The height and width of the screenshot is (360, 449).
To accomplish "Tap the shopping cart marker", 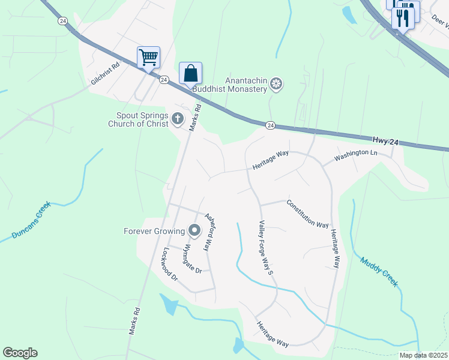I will [x=148, y=58].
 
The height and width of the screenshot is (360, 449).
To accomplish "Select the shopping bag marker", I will [x=190, y=73].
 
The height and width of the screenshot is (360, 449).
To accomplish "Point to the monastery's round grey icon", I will [x=276, y=83].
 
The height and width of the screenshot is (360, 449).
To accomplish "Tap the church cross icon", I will [x=177, y=119].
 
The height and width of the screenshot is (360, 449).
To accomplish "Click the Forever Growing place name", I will [x=154, y=231].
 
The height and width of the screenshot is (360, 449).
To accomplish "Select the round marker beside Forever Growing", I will [x=194, y=230].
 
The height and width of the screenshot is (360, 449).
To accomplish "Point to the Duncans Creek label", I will [x=32, y=221].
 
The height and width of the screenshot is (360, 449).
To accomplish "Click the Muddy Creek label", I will [x=379, y=272].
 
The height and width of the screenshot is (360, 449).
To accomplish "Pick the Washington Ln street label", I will [x=356, y=155].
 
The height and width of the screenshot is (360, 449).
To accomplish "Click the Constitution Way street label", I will [x=307, y=214].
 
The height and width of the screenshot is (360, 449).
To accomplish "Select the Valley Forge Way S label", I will [x=266, y=247].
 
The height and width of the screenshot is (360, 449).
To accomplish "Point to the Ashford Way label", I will [x=209, y=232].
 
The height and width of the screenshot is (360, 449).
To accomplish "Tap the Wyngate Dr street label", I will [x=193, y=257].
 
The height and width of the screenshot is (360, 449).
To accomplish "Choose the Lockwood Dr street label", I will [x=171, y=265].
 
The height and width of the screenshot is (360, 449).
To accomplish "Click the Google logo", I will [x=20, y=353].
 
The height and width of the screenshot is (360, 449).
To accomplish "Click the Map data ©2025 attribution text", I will [x=423, y=355].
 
